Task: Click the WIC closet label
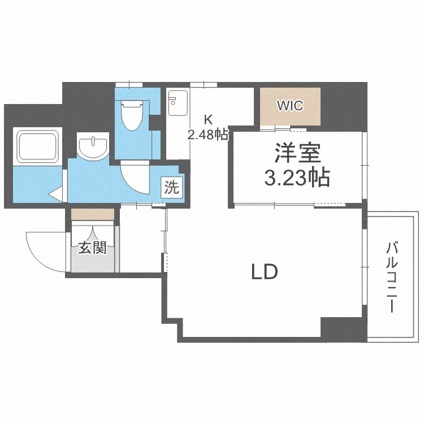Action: tap(290, 106)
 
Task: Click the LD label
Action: tap(264, 272)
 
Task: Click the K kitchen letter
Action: tap(208, 119)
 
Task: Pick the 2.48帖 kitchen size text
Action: tap(208, 135)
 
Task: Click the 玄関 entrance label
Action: tap(92, 248)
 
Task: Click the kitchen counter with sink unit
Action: tap(178, 124)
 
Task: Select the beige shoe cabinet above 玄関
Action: tap(93, 214)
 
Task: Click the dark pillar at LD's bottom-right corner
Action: tap(343, 329)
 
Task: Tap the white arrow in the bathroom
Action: tap(56, 195)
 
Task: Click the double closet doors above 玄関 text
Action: tap(93, 231)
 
